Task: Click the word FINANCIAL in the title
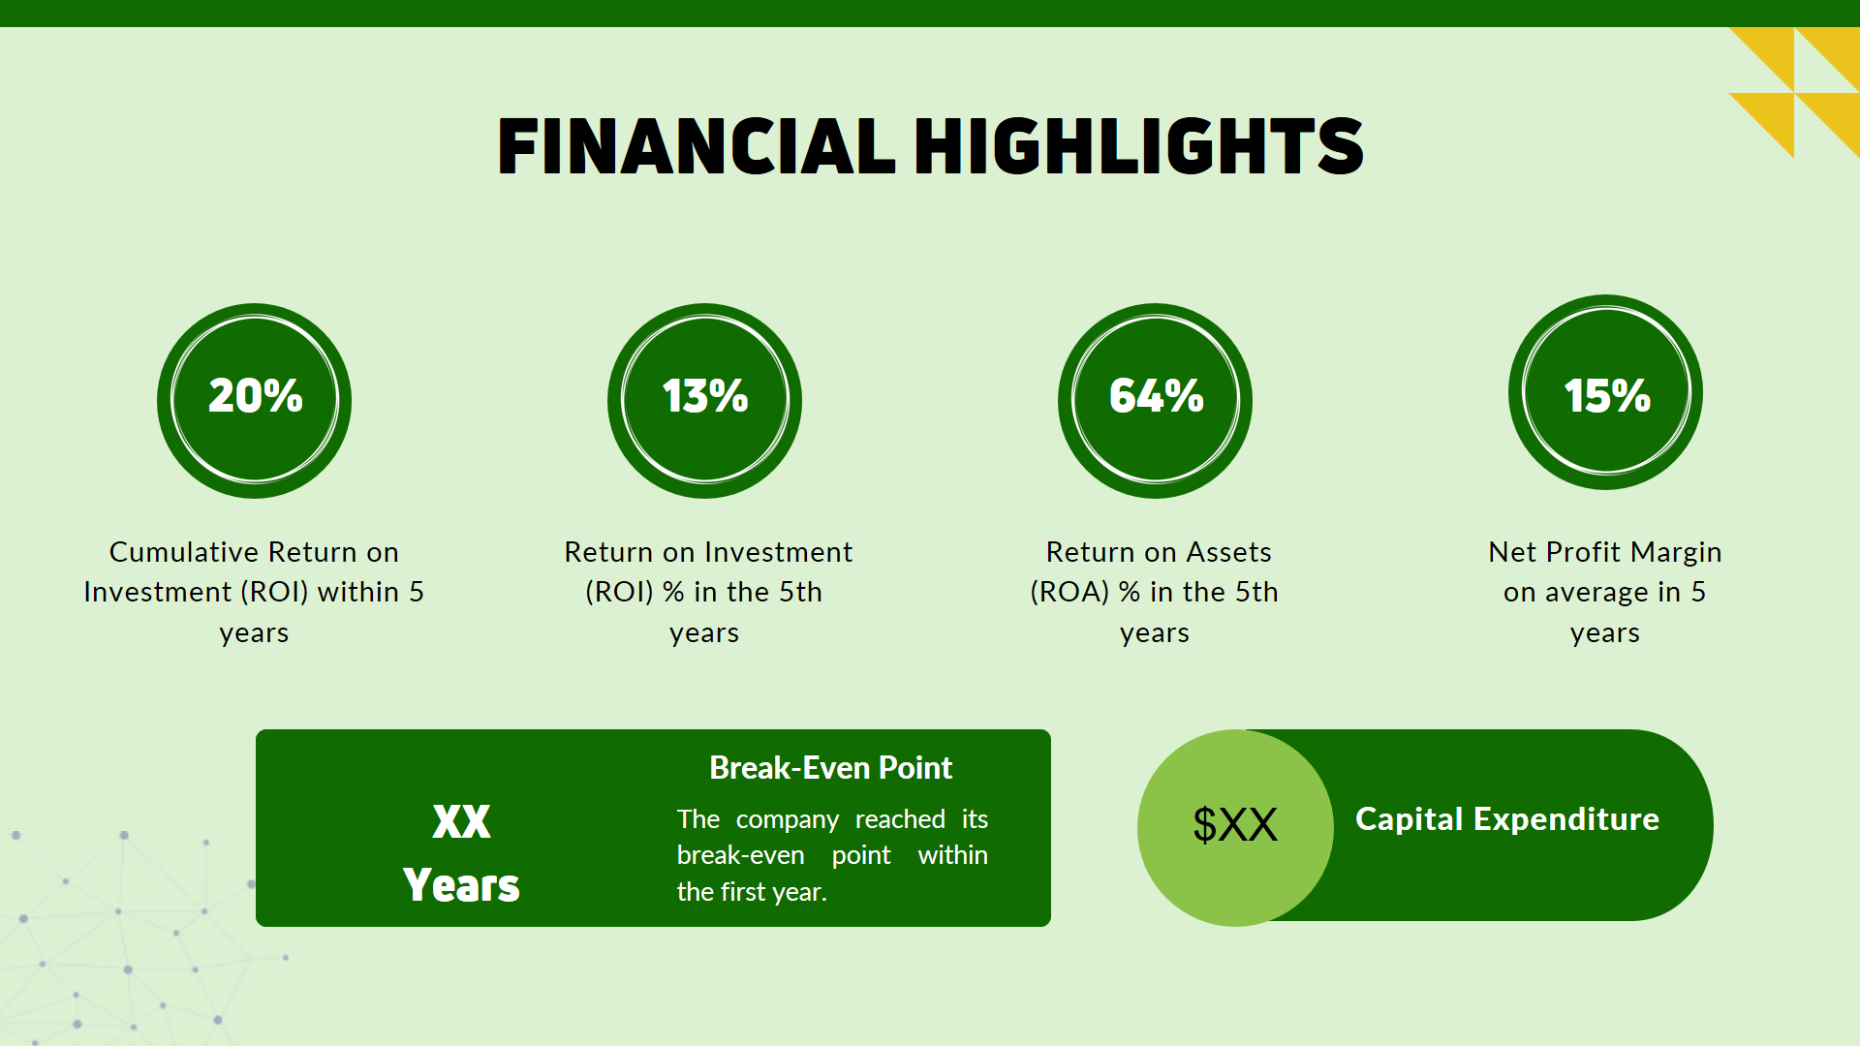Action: pos(696,146)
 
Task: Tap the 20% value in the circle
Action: pos(255,396)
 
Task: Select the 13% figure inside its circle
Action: pos(705,396)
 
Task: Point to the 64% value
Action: pos(1156,396)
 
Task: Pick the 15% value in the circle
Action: pos(1606,396)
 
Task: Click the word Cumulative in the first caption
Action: pos(183,552)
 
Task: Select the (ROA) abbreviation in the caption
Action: pos(1069,592)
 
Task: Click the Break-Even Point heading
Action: pos(830,768)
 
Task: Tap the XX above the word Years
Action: pos(461,822)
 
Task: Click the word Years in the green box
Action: pos(461,885)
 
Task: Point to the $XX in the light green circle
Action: pos(1235,825)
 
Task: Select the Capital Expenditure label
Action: pos(1506,819)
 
